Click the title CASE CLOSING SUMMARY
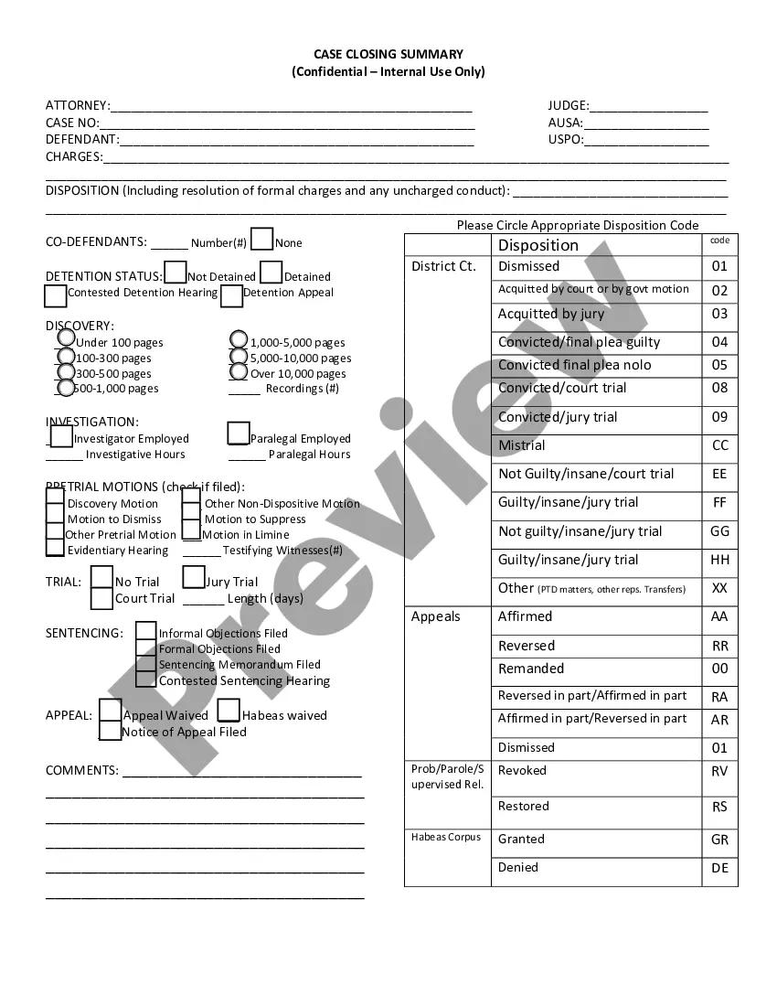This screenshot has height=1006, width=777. coord(388,54)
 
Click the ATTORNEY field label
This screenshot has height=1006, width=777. coord(77,106)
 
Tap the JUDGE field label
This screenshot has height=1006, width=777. coord(568,106)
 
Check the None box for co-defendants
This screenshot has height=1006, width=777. coord(261,240)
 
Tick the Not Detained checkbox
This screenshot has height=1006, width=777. coord(175,273)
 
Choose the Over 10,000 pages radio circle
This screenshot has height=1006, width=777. coord(239,371)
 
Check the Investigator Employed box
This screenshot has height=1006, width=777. coord(61,436)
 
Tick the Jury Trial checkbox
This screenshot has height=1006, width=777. coord(194,577)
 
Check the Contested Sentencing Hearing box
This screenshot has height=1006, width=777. coord(145,680)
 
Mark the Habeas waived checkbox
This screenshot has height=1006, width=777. coord(229,711)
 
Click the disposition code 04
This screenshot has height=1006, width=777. coord(719,342)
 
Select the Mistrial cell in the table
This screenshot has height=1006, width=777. coord(521,445)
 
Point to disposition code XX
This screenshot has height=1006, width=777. coord(719,589)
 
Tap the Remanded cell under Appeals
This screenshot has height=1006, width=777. coord(530,669)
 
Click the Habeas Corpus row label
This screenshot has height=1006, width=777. coord(445,837)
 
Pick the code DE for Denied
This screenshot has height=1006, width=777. coord(719,868)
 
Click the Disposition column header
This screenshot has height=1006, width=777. coord(538,245)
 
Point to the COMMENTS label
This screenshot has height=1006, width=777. coord(81,770)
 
